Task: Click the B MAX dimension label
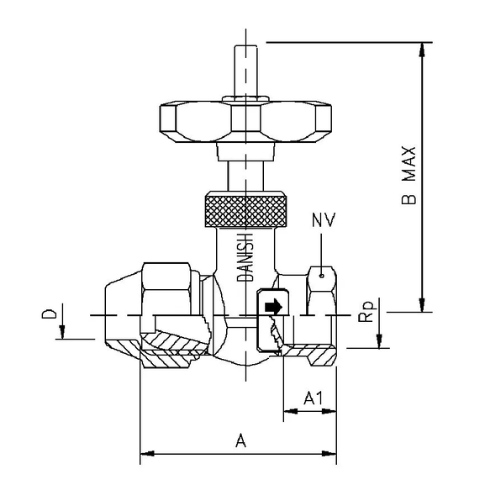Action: click(x=409, y=175)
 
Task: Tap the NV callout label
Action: click(x=324, y=221)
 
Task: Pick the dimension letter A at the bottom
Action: click(x=240, y=439)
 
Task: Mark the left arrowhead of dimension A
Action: click(x=145, y=456)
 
